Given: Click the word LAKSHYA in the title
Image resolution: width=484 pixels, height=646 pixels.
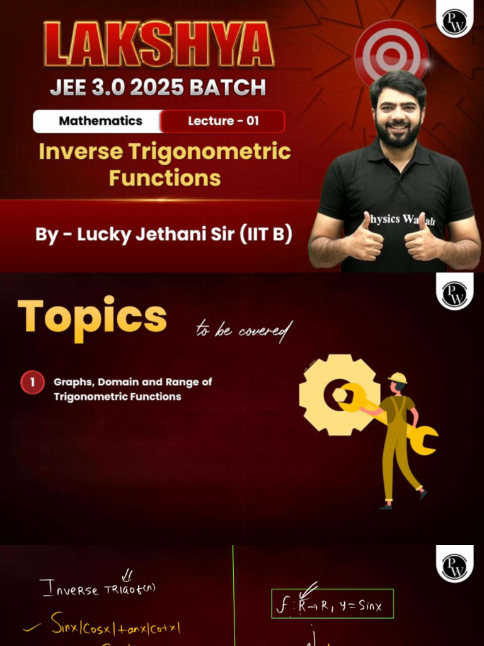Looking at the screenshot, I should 158,45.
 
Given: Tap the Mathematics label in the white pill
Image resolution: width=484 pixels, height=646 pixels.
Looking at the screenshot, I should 100,121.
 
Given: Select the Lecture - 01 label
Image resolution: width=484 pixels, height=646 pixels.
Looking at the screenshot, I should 223,121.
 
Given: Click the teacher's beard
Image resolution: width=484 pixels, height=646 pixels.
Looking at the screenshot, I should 398,134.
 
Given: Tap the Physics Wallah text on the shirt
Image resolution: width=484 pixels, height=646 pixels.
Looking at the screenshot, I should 393,220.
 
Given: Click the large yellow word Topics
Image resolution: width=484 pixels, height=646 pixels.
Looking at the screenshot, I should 92,317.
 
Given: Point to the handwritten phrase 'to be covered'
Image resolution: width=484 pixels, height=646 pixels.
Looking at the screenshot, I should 244,330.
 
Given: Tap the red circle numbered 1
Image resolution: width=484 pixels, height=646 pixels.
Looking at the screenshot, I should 32,382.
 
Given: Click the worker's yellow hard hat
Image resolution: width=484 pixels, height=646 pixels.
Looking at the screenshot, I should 397,378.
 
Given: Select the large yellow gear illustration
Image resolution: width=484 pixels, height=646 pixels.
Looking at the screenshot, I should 338,394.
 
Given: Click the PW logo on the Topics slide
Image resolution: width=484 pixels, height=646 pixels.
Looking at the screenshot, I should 454,293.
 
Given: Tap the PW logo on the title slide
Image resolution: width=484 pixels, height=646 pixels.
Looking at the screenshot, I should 454,20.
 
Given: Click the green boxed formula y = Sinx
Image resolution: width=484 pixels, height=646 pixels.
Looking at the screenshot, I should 332,604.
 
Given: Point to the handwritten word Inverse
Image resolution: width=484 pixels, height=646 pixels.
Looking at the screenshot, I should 69,589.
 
